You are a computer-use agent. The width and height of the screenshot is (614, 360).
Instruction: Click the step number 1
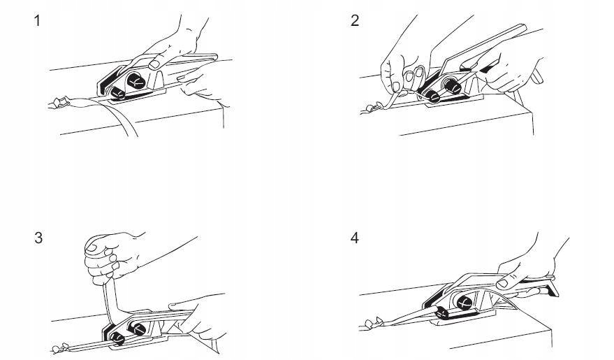37,21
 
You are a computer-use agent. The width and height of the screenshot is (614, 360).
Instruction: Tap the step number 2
355,21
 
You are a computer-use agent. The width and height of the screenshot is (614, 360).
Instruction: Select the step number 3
38,238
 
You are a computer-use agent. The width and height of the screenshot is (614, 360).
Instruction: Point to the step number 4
355,238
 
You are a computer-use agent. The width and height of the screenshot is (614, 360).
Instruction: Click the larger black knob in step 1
136,80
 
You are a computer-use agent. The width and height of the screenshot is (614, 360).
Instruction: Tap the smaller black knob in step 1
117,93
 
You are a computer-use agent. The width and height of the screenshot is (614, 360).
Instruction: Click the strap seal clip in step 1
59,103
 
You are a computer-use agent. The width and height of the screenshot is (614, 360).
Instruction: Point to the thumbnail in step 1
155,64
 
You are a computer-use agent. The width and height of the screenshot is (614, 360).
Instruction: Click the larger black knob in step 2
452,86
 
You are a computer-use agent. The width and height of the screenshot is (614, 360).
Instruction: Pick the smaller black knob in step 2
432,96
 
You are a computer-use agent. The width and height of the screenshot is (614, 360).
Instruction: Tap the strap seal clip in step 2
374,107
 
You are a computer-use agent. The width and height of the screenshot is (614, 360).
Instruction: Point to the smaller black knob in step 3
117,338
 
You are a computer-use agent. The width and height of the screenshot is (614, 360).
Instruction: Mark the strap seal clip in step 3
61,347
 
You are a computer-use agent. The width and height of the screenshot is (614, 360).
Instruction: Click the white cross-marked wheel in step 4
464,302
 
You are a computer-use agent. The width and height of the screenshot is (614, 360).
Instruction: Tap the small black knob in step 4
442,312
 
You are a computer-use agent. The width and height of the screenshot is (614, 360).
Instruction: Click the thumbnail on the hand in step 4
502,283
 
